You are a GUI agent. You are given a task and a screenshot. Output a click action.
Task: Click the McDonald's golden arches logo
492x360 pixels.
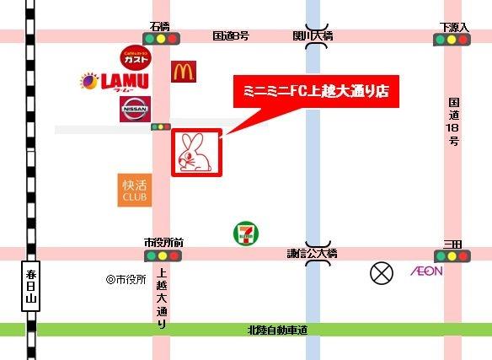[184, 72]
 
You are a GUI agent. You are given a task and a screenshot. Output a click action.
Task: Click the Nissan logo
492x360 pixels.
[135, 110]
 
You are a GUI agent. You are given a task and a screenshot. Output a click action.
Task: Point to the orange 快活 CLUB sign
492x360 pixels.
[134, 191]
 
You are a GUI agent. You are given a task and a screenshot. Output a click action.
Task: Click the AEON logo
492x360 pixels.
[426, 271]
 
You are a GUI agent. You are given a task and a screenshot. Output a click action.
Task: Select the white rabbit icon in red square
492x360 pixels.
[197, 153]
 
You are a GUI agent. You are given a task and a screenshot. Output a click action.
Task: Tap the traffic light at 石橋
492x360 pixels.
[161, 40]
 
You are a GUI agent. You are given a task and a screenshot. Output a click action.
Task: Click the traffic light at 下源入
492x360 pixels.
[452, 40]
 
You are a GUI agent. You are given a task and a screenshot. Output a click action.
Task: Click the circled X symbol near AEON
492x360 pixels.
[382, 273]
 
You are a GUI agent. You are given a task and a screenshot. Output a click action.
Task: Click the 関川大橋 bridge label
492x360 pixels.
[313, 35]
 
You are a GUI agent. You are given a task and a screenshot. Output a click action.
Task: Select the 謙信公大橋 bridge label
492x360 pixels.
[312, 253]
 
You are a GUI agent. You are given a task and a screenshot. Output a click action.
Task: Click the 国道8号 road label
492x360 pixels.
[230, 35]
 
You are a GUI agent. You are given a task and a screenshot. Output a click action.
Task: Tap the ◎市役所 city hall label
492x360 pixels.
[126, 279]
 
